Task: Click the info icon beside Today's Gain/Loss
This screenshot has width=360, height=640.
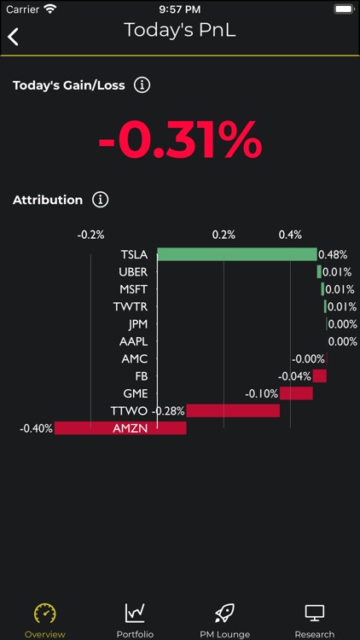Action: (x=142, y=84)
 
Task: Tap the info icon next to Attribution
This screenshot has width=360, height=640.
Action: (x=101, y=200)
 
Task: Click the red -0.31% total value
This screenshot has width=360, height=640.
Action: (x=180, y=141)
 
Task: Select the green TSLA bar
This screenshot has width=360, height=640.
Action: (x=236, y=254)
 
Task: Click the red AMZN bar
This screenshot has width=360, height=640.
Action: (x=120, y=428)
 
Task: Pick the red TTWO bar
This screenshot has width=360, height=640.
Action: (x=233, y=410)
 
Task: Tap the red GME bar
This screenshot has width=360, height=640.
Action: (x=296, y=393)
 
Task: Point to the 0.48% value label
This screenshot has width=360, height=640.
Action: (x=333, y=254)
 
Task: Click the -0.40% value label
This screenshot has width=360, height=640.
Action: (x=37, y=428)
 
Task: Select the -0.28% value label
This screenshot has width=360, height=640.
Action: (x=168, y=410)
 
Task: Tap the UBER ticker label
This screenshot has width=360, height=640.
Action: (x=133, y=272)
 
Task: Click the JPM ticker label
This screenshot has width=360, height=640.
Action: (x=137, y=324)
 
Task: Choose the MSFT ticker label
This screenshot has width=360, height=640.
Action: (x=133, y=289)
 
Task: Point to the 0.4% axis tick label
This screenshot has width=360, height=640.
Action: (x=290, y=235)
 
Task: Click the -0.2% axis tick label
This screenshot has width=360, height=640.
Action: (x=90, y=235)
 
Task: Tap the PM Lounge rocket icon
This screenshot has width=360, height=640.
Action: (x=224, y=613)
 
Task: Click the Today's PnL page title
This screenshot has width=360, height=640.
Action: (x=179, y=30)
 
